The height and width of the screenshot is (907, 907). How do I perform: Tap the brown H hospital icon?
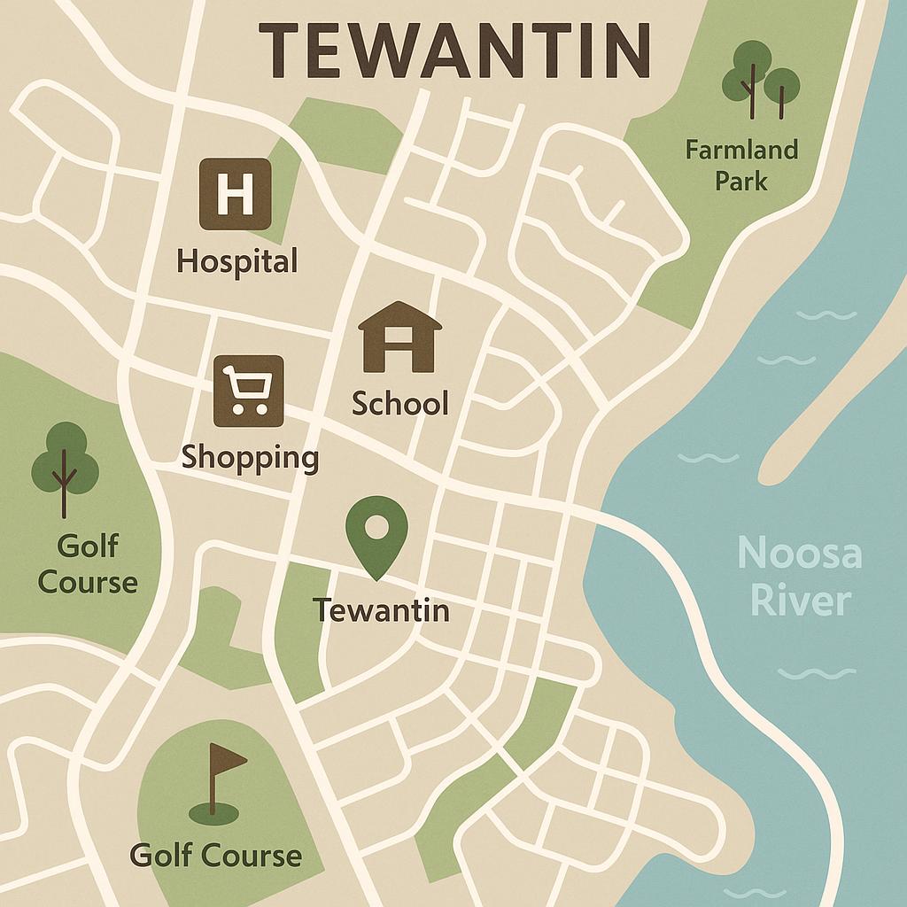pyautogui.click(x=235, y=194)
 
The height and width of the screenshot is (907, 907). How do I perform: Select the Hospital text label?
pyautogui.click(x=236, y=261)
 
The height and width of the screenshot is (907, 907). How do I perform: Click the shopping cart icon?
pyautogui.click(x=248, y=385)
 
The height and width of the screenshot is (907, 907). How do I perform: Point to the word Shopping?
pyautogui.click(x=250, y=458)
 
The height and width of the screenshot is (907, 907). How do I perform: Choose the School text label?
pyautogui.click(x=399, y=404)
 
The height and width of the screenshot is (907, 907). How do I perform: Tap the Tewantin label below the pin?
pyautogui.click(x=381, y=610)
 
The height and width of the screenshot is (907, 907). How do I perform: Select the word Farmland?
pyautogui.click(x=741, y=150)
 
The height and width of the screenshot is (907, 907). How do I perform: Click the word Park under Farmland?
pyautogui.click(x=741, y=182)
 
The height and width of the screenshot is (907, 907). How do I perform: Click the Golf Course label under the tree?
pyautogui.click(x=89, y=563)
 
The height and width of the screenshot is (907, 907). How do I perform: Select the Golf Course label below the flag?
pyautogui.click(x=215, y=856)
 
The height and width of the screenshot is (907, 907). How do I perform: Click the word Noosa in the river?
pyautogui.click(x=799, y=554)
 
